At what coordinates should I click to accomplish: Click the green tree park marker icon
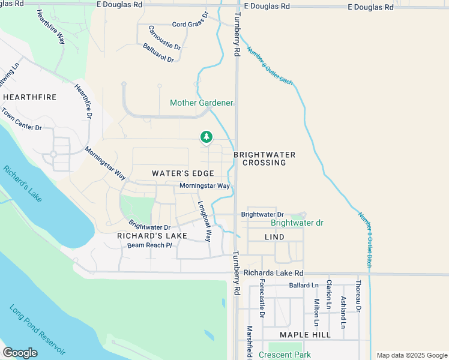click(206, 138)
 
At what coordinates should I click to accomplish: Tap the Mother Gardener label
click(201, 103)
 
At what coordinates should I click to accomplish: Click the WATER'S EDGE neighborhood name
click(183, 173)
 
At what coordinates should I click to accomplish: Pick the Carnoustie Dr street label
click(164, 37)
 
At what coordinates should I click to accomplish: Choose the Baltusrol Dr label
click(158, 53)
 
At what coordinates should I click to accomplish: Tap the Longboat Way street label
click(205, 221)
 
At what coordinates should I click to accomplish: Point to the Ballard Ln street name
click(303, 285)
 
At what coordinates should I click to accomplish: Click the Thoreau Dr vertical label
click(358, 296)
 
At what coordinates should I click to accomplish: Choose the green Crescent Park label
click(285, 355)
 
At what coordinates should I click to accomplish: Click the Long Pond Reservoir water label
click(37, 331)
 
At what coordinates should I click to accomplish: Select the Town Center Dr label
click(21, 120)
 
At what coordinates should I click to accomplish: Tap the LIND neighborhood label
click(274, 238)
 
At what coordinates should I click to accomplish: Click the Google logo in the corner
click(20, 352)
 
